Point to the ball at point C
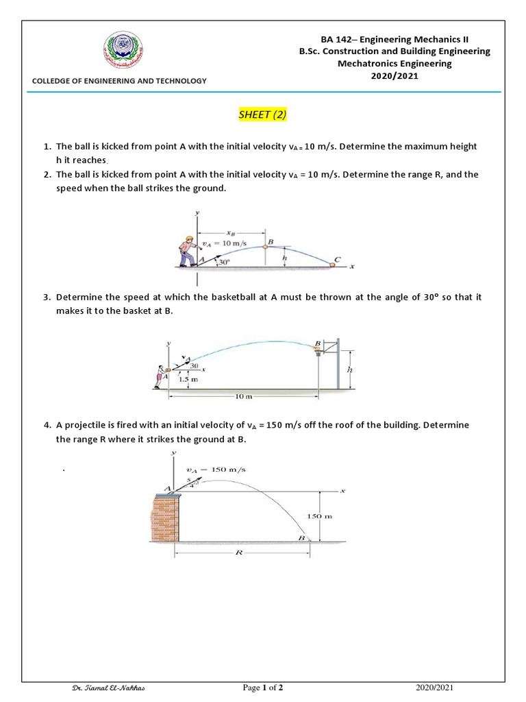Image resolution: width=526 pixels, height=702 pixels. pos(334,265)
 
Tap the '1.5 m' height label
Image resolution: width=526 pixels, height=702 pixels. pos(184,378)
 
